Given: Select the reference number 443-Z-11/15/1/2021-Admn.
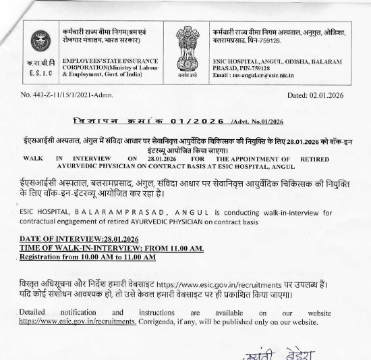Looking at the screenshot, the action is pyautogui.click(x=72, y=95).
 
